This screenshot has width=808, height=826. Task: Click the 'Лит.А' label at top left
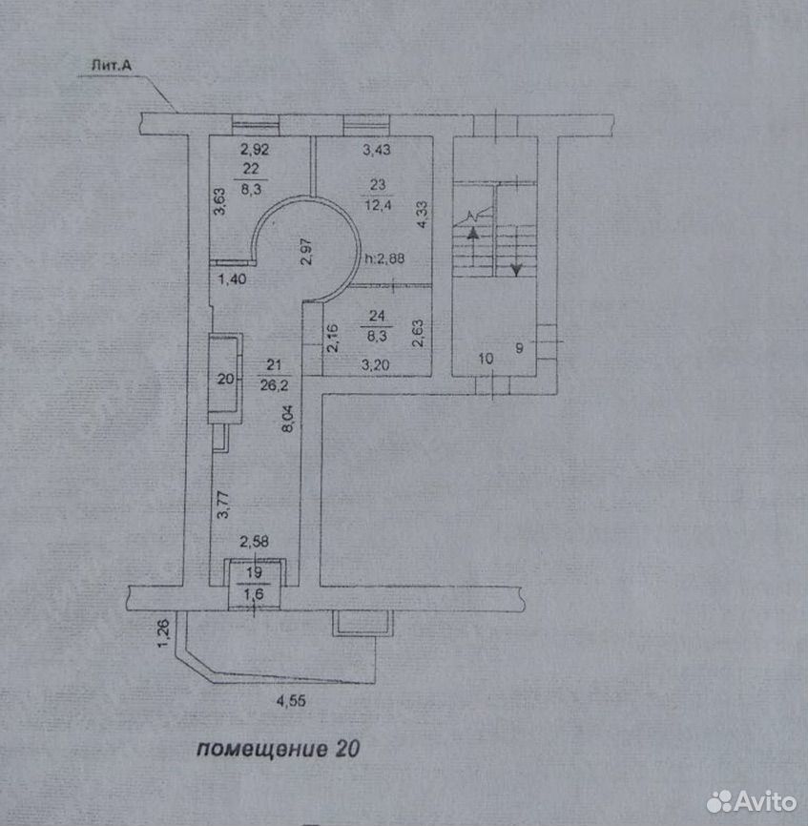point(112,66)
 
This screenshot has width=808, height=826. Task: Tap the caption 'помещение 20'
point(279,749)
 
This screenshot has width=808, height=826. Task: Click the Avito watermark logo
point(752,802)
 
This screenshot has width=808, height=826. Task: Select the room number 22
point(251,169)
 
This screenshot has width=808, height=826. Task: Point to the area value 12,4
point(378,204)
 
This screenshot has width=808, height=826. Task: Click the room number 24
point(377,316)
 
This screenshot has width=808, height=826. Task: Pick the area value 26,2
point(274,385)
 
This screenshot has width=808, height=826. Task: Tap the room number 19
point(254,572)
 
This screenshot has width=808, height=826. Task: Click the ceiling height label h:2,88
point(384,258)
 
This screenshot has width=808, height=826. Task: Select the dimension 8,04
point(287,419)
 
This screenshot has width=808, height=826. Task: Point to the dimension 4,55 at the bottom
point(291,701)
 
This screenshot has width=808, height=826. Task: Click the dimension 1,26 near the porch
point(164,633)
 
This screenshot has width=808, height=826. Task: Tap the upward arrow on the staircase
point(473,245)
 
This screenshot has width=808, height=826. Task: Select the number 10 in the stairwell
point(486,359)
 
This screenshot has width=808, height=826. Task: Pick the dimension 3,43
point(377,150)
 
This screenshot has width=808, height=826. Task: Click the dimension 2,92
point(255,149)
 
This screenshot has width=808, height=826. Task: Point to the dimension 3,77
point(223,505)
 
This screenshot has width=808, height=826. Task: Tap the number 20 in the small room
point(225,379)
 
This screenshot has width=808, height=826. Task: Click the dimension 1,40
point(232,279)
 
